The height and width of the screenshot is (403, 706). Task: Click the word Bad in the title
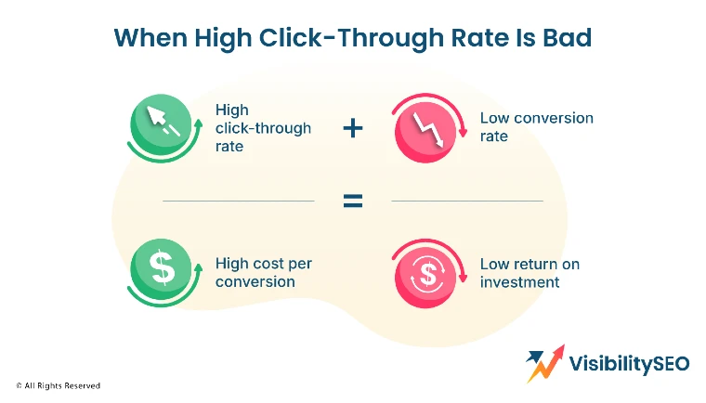[567, 37]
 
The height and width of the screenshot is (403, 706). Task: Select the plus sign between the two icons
[353, 128]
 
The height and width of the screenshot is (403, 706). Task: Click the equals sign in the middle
[353, 201]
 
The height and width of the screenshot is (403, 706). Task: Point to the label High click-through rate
[263, 128]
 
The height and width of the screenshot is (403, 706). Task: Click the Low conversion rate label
[536, 127]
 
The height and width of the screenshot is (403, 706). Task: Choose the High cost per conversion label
[264, 272]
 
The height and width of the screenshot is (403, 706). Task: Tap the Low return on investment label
[529, 273]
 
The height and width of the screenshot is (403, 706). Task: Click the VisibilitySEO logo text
[629, 364]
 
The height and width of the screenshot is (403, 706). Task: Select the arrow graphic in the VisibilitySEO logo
[545, 363]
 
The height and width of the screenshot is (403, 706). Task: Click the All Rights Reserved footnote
[59, 385]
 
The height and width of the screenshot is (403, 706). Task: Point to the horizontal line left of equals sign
[239, 201]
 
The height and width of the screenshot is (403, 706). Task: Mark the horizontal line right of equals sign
[467, 201]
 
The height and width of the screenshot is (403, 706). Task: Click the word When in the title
[150, 37]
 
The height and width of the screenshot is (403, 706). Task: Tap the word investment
[519, 282]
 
